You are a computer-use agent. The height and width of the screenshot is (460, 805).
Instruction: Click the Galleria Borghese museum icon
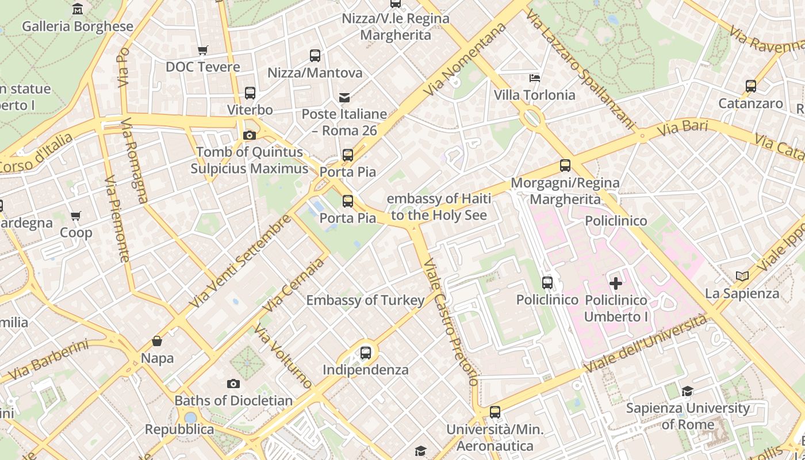pyautogui.click(x=78, y=9)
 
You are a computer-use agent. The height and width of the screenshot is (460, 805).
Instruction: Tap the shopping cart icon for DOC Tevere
pyautogui.click(x=202, y=50)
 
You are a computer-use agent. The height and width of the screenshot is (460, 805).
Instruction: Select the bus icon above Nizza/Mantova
pyautogui.click(x=315, y=56)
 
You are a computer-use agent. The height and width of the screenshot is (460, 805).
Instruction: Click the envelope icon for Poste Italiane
pyautogui.click(x=344, y=97)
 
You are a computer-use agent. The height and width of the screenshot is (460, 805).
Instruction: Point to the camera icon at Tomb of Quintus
pyautogui.click(x=250, y=135)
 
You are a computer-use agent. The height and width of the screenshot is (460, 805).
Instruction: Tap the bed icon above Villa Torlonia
pyautogui.click(x=535, y=78)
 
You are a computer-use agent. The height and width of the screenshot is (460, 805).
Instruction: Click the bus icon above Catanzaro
pyautogui.click(x=750, y=86)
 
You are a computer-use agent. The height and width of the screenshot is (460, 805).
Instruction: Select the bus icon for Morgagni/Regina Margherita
pyautogui.click(x=565, y=166)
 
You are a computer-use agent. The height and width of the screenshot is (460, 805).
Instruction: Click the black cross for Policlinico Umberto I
pyautogui.click(x=615, y=283)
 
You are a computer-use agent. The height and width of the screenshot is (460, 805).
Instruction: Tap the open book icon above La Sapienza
pyautogui.click(x=742, y=277)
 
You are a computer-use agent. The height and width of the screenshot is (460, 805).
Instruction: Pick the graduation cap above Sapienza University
pyautogui.click(x=687, y=392)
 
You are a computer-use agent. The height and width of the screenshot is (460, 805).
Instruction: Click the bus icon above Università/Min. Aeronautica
pyautogui.click(x=494, y=412)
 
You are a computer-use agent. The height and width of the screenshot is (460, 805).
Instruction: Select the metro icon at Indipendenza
pyautogui.click(x=366, y=352)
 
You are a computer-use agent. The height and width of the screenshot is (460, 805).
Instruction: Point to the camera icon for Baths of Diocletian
pyautogui.click(x=233, y=384)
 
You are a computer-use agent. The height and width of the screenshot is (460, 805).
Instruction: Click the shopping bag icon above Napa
pyautogui.click(x=157, y=341)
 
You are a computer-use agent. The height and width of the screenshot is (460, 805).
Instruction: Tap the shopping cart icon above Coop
pyautogui.click(x=76, y=216)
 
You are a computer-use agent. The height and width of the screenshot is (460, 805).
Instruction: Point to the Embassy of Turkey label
pyautogui.click(x=365, y=300)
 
